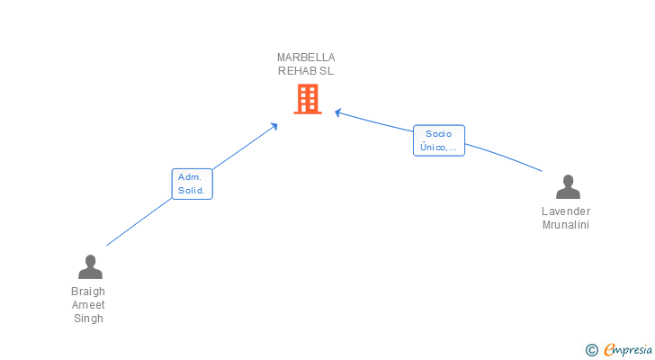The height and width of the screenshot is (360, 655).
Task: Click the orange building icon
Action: tap(307, 99)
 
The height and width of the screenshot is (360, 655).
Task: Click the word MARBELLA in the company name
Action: tap(306, 58)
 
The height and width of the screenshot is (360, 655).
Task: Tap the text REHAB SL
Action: tap(306, 71)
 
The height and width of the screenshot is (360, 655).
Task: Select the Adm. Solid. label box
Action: tap(192, 184)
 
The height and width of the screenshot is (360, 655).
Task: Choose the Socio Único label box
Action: tap(439, 140)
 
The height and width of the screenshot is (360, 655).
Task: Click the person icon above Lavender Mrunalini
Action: tap(568, 187)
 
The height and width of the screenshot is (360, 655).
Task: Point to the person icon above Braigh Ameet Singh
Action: tap(89, 267)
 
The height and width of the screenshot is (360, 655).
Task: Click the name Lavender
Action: tap(566, 211)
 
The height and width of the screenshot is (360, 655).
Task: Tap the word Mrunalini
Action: tap(566, 225)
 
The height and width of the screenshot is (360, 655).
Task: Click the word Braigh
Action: tap(88, 292)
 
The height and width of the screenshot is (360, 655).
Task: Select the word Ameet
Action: tap(88, 305)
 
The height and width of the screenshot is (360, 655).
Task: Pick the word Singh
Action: tap(88, 319)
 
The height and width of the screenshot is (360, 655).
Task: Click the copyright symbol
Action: tap(592, 350)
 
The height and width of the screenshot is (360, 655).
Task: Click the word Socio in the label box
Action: tap(439, 133)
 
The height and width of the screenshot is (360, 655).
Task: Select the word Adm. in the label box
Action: tap(191, 176)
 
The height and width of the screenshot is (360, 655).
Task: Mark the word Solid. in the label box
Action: tap(192, 191)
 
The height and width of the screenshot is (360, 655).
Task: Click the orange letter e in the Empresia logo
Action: tap(610, 350)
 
